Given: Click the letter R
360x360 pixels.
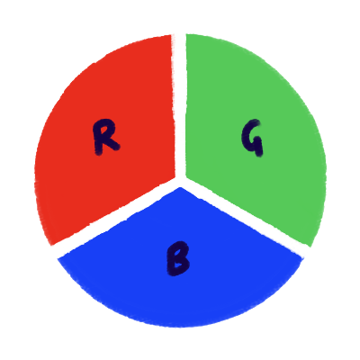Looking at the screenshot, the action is pyautogui.click(x=105, y=137).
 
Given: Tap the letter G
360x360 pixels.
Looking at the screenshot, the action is pyautogui.click(x=252, y=138).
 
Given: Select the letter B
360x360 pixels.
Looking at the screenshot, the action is pyautogui.click(x=178, y=258).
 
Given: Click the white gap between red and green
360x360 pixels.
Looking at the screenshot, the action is pyautogui.click(x=180, y=105).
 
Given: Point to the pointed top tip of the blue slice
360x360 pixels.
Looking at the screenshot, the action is pyautogui.click(x=180, y=187).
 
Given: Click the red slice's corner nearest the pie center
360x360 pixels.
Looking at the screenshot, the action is pyautogui.click(x=175, y=177).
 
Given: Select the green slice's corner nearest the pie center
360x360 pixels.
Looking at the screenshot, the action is pyautogui.click(x=186, y=175).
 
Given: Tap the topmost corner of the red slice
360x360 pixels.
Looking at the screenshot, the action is pyautogui.click(x=171, y=35).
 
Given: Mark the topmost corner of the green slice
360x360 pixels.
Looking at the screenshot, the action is pyautogui.click(x=186, y=34).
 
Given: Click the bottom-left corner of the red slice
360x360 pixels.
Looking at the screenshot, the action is pyautogui.click(x=51, y=245).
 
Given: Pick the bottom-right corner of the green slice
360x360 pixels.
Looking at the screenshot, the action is pyautogui.click(x=311, y=247).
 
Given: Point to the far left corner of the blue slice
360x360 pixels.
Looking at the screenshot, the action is pyautogui.click(x=58, y=258).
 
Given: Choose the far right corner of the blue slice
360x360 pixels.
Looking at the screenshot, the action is pyautogui.click(x=301, y=257).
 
